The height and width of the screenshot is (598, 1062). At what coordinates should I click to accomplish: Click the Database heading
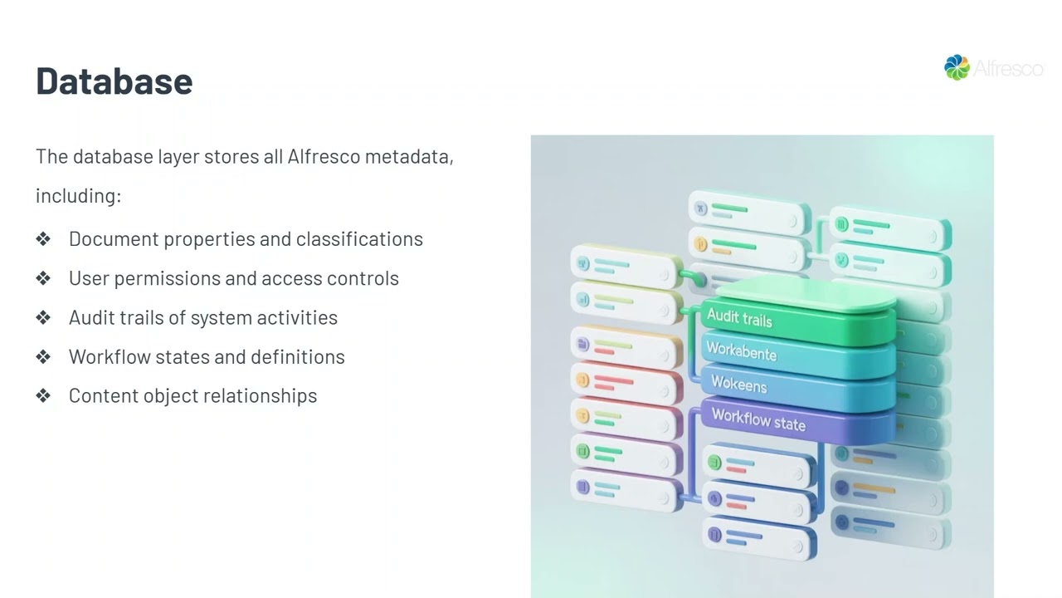pyautogui.click(x=114, y=81)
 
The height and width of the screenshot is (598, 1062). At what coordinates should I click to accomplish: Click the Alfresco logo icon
pyautogui.click(x=957, y=67)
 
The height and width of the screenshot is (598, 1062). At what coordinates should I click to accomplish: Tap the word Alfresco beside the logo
pyautogui.click(x=1007, y=68)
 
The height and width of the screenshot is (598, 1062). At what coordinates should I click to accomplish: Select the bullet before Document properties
pyautogui.click(x=43, y=239)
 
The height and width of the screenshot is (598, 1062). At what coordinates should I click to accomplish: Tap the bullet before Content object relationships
pyautogui.click(x=43, y=396)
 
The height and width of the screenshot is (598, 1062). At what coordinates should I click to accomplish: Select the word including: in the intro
pyautogui.click(x=78, y=196)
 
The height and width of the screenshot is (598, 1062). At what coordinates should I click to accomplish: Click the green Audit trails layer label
pyautogui.click(x=739, y=318)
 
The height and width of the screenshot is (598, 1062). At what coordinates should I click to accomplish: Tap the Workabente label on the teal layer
pyautogui.click(x=741, y=351)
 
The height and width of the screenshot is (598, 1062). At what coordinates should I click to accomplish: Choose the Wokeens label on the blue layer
pyautogui.click(x=738, y=385)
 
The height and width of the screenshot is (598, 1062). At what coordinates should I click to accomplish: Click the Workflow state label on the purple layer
pyautogui.click(x=758, y=419)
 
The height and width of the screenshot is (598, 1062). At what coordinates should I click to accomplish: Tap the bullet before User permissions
pyautogui.click(x=43, y=279)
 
